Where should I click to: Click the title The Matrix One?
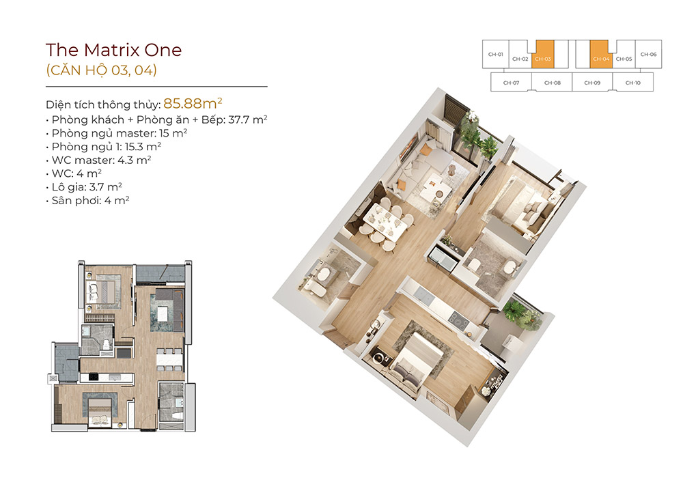coord(113,50)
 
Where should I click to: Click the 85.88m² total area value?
coord(193,103)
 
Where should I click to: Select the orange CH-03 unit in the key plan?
coord(543,55)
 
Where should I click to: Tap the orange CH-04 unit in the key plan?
coord(600,55)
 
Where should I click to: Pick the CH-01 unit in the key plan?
coord(496,54)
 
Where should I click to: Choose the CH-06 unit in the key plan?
coord(649,54)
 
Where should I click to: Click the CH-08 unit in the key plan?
coord(552,82)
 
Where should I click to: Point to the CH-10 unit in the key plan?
coord(633,82)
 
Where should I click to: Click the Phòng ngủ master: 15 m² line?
coord(116,133)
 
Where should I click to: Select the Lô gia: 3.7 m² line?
coord(83,187)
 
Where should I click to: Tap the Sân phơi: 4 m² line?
coord(87,201)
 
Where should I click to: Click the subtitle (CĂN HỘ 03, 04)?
coord(102,70)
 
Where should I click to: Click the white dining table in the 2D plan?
coord(169,358)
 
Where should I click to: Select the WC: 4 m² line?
coord(74,173)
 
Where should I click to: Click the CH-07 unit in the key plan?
coord(511,82)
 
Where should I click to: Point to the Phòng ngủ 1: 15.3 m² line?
coord(103,147)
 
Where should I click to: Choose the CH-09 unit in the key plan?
coord(592,82)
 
